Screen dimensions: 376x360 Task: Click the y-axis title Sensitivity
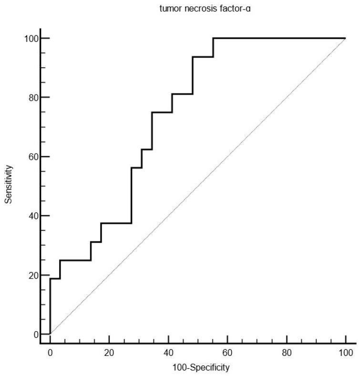coord(8,185)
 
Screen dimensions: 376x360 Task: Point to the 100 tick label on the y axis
coord(32,38)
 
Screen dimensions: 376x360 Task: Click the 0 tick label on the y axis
coord(36,334)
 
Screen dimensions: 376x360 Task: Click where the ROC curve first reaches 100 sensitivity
coord(213,38)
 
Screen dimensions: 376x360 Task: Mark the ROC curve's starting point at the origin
coord(50,334)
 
